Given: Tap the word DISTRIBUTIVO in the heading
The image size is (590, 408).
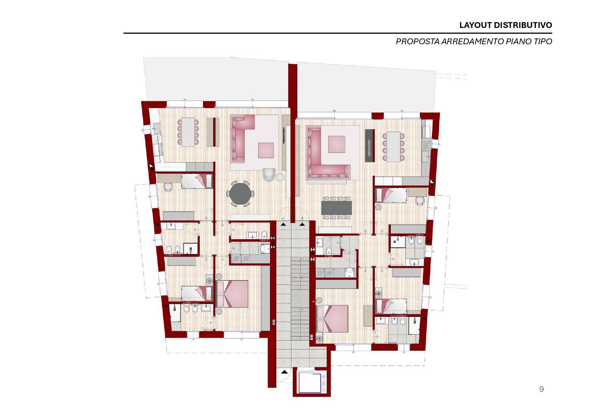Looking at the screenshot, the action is pyautogui.click(x=523, y=25).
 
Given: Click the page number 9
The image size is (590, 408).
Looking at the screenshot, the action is pyautogui.click(x=542, y=389).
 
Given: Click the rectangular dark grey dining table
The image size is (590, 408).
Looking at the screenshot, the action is pyautogui.click(x=336, y=207).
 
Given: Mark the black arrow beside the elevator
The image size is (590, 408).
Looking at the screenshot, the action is pyautogui.click(x=284, y=372).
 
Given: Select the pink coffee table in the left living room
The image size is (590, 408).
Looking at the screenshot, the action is pyautogui.click(x=266, y=150).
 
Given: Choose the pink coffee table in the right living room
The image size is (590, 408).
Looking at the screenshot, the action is pyautogui.click(x=337, y=144).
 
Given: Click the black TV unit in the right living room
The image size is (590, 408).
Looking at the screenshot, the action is pyautogui.click(x=370, y=145).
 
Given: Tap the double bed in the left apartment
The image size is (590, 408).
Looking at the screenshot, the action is pyautogui.click(x=232, y=294).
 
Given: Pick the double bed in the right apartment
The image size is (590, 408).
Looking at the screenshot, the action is pyautogui.click(x=332, y=318).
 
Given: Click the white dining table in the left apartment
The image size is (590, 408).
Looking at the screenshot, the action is pyautogui.click(x=188, y=132).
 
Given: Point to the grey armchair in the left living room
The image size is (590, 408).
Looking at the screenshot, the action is pyautogui.click(x=269, y=174).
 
